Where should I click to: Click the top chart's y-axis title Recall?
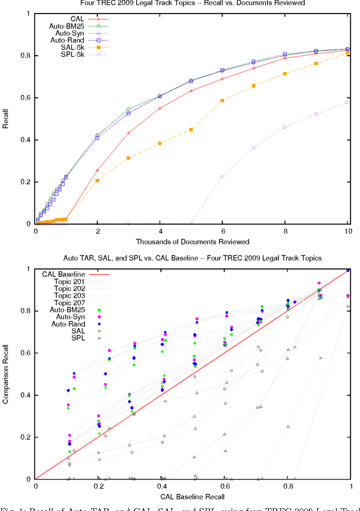(6, 119)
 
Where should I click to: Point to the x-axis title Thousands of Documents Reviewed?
(192, 242)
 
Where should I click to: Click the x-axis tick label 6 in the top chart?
(223, 231)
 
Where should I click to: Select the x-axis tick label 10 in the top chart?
(348, 231)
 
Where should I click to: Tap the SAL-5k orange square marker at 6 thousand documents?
(223, 100)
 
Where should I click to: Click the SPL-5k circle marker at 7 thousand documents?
(254, 147)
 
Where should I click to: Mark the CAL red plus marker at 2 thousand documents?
(98, 170)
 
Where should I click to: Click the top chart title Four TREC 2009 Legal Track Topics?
(192, 3)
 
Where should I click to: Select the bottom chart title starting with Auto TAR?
(192, 258)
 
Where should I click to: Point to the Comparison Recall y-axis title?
(6, 374)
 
